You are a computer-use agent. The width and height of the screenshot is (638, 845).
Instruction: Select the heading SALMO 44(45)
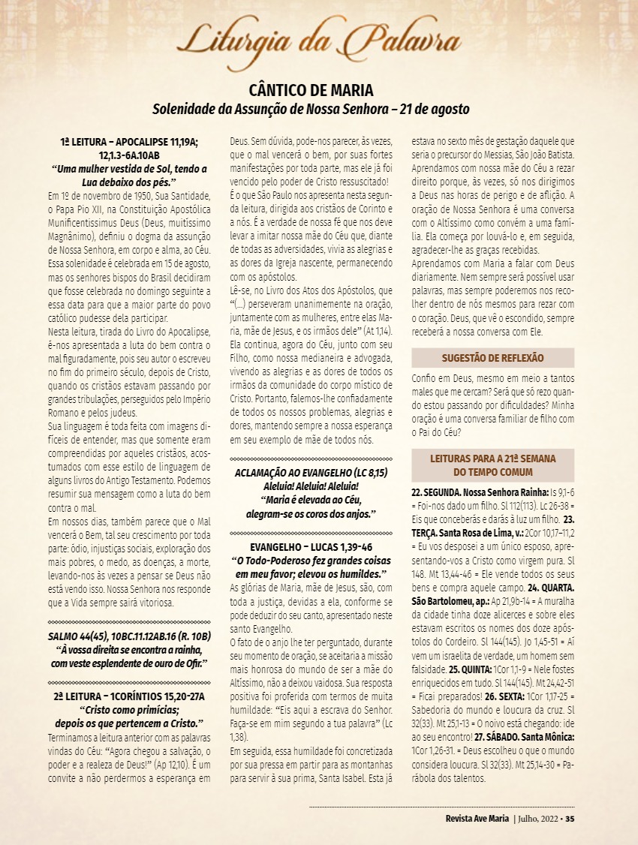coord(129,637)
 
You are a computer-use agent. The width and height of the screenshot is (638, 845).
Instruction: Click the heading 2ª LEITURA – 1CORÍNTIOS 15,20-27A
coord(129,697)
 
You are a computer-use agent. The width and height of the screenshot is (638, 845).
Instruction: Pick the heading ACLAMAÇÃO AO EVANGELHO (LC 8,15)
coord(311,473)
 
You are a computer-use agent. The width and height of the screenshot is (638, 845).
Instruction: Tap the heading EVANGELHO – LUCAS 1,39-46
coord(311,547)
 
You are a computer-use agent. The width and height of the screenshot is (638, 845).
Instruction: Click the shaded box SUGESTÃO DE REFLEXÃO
coord(492,358)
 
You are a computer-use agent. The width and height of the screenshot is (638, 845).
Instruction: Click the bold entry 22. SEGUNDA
coord(439,492)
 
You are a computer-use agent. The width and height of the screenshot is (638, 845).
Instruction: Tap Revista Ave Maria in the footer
coord(477,818)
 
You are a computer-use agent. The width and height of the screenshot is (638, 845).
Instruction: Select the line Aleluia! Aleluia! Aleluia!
coord(311,486)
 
